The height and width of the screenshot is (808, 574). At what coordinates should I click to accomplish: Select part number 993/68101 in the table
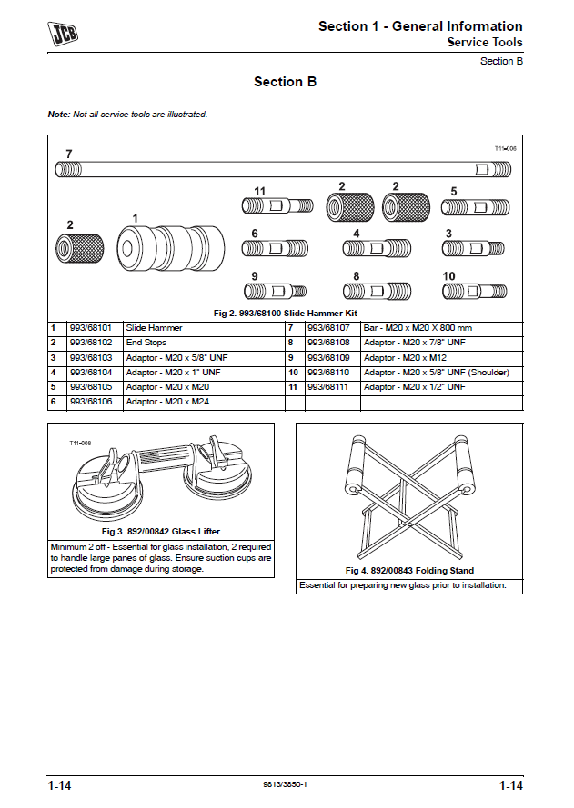90,327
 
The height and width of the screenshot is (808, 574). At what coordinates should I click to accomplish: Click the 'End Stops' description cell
146,343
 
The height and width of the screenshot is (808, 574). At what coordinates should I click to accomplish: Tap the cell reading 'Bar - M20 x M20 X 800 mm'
418,327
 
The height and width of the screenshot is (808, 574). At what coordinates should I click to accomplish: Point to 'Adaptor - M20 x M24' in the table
163,401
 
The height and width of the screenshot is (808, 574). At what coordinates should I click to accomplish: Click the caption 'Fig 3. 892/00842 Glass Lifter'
161,531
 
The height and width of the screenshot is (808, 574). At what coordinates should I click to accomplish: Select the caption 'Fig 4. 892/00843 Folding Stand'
409,571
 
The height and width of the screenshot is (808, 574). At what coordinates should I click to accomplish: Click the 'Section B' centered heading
285,82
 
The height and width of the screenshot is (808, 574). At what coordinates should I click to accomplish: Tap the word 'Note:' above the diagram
58,115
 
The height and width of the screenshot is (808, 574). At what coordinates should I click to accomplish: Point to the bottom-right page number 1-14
510,784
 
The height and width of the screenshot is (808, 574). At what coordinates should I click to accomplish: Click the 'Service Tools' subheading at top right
484,42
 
